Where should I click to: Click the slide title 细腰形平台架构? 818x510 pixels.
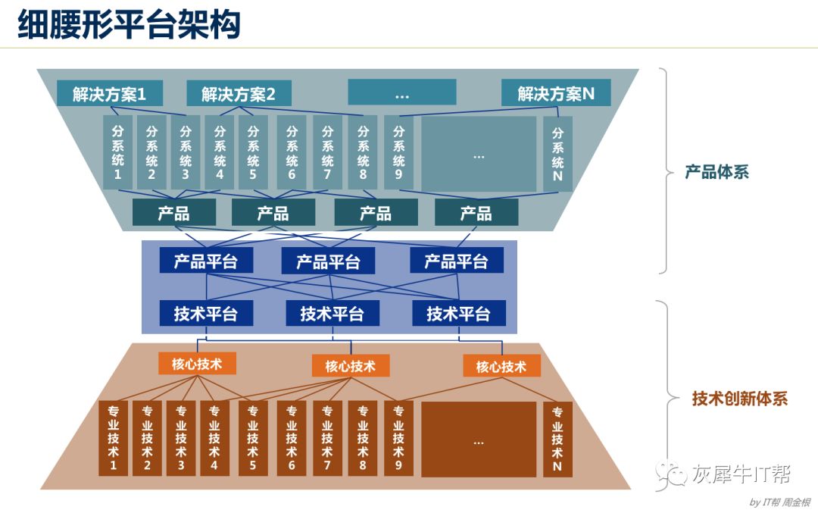129,24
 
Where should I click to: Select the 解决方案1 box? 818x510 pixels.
109,93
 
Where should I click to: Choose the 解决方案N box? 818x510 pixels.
556,93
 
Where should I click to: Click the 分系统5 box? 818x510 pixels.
253,152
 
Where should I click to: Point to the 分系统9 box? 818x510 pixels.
398,152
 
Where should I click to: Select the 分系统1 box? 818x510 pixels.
117,152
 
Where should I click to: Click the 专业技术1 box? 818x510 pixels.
114,439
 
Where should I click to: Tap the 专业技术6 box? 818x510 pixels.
292,439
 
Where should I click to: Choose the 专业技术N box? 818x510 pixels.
557,439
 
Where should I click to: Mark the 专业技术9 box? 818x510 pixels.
398,439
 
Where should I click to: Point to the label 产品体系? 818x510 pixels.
717,172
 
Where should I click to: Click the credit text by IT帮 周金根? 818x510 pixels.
779,502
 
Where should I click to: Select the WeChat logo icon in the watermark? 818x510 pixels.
673,474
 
